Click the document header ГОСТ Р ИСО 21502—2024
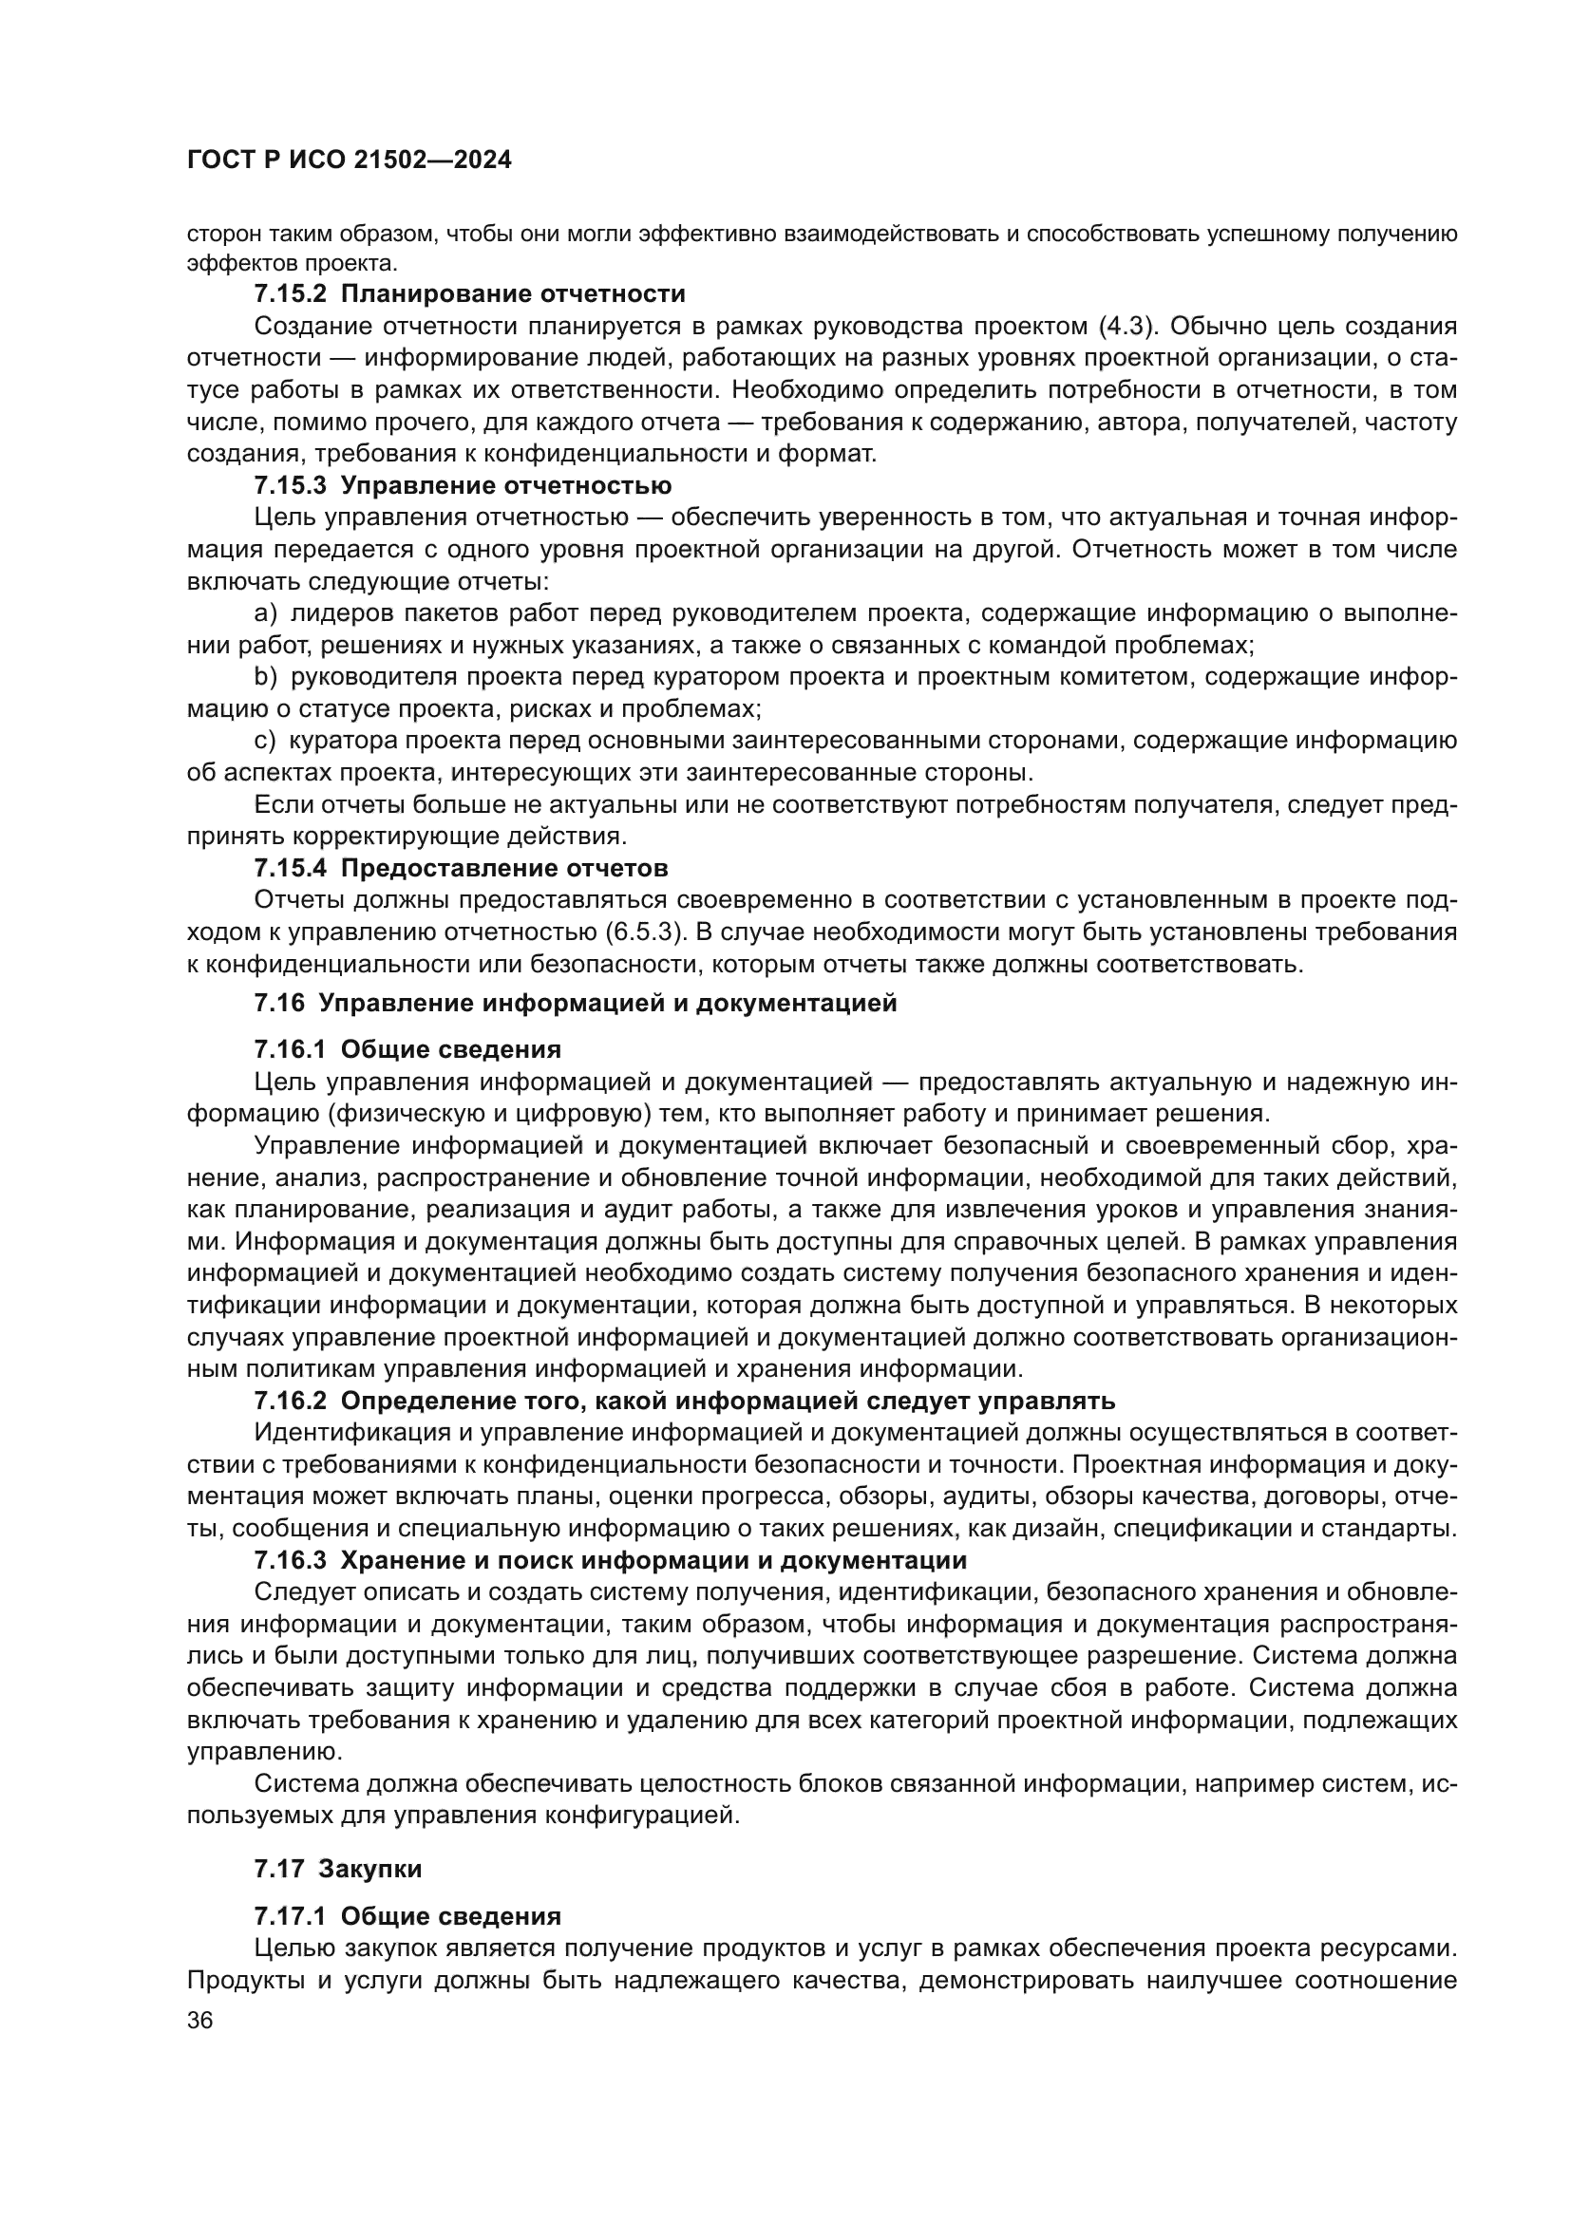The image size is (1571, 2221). pos(350,160)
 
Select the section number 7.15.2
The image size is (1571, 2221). pos(291,293)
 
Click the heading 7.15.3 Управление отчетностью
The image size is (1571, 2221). pos(463,484)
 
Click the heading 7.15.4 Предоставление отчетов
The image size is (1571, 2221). pos(461,868)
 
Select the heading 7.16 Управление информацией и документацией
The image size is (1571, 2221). pos(576,1003)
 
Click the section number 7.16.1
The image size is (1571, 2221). pos(291,1049)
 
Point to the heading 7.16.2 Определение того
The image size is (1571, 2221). pos(685,1401)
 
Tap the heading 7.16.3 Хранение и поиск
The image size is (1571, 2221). pos(611,1560)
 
